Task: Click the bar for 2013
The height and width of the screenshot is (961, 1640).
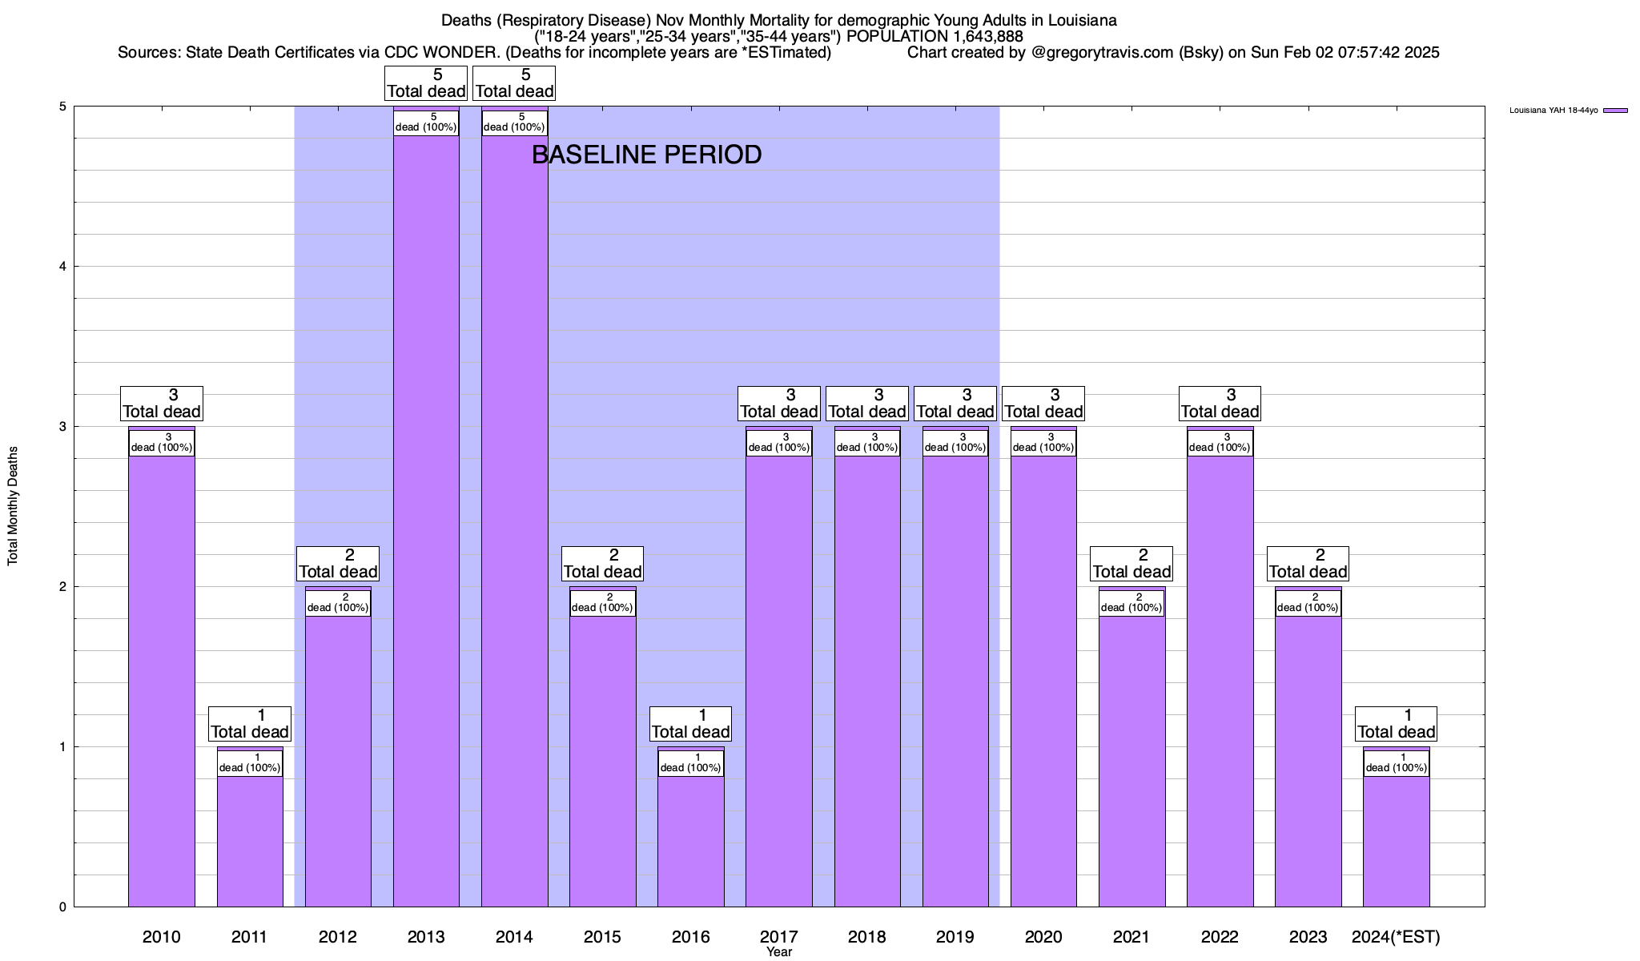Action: coord(426,521)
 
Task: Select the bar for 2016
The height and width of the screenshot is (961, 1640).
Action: coord(690,841)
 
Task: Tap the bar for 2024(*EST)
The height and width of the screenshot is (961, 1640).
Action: coord(1396,841)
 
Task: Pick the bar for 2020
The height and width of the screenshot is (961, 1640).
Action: coord(1043,681)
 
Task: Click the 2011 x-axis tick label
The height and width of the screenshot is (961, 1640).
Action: coord(249,936)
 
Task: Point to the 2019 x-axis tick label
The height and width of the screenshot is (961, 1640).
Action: coord(955,936)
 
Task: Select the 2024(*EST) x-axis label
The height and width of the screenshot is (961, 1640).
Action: coord(1396,936)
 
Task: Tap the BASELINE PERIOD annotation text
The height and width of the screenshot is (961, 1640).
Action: coord(646,155)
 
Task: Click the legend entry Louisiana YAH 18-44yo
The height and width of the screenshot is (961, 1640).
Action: coord(1567,111)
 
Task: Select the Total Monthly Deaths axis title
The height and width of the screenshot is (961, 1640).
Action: coord(13,506)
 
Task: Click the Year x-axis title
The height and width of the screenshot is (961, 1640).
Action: coord(778,952)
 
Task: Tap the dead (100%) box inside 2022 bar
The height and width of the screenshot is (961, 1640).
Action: coord(1220,443)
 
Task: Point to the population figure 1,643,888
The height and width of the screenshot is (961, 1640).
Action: coord(976,37)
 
